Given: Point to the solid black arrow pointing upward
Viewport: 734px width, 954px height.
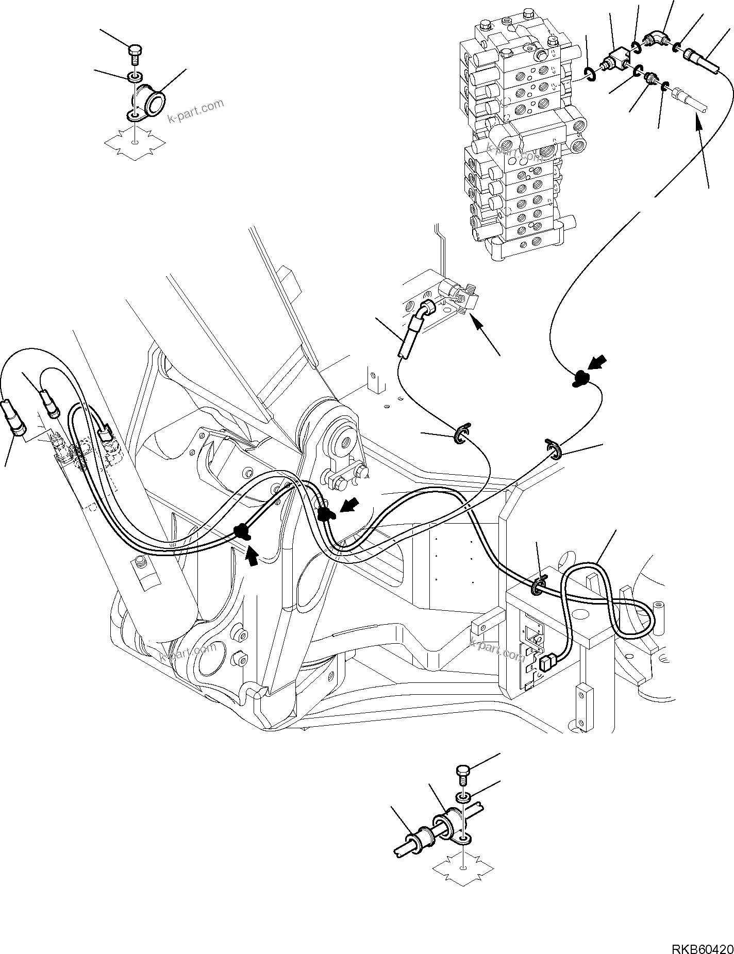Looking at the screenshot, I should coord(252,556).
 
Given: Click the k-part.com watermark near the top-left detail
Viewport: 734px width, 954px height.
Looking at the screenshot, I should coord(195,111).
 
